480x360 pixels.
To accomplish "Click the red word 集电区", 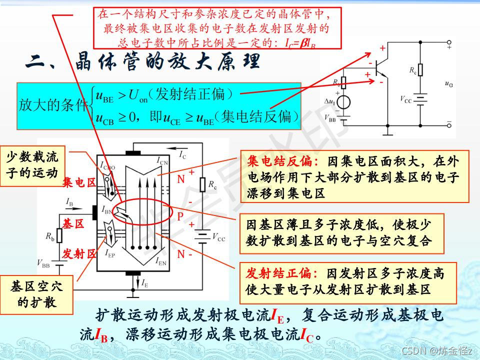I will pyautogui.click(x=79, y=183).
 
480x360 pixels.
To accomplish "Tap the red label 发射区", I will pyautogui.click(x=79, y=254).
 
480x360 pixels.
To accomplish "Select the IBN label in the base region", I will pyautogui.click(x=109, y=210).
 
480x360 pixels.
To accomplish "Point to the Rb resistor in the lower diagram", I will pyautogui.click(x=59, y=235).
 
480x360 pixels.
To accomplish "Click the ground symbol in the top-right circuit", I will pyautogui.click(x=388, y=133).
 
